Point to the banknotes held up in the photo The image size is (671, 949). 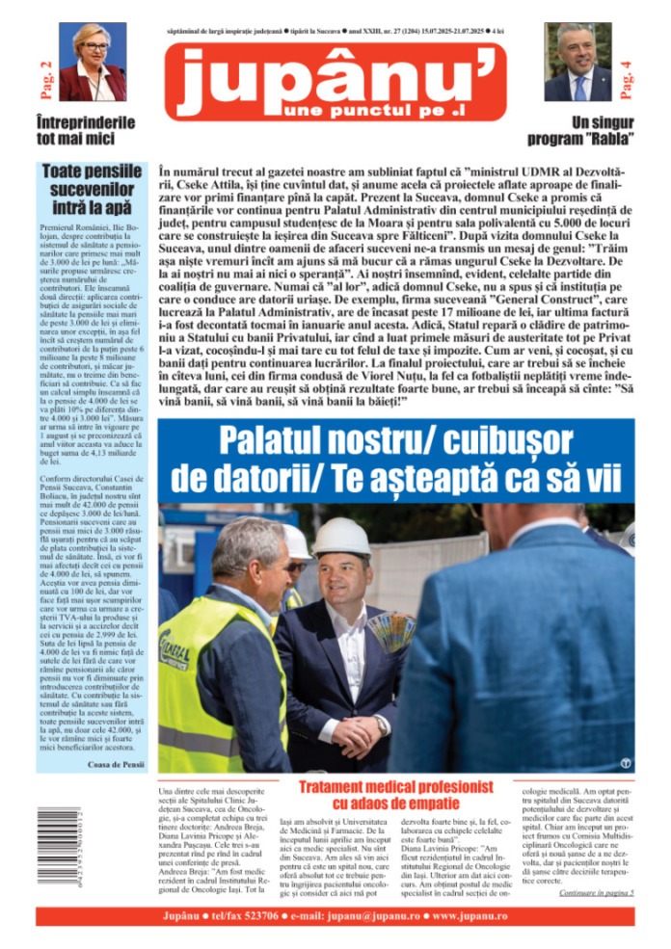390,633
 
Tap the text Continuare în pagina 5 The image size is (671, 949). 596,893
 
